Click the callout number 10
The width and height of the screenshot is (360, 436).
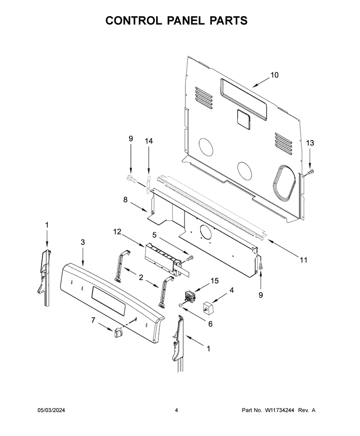click(x=274, y=75)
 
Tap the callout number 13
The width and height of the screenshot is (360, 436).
click(x=310, y=143)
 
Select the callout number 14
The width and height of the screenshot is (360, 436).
click(x=148, y=141)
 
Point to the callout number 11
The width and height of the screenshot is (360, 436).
click(x=303, y=260)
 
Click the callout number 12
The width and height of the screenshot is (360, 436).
click(x=117, y=231)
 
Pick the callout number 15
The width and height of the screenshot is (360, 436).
click(x=214, y=281)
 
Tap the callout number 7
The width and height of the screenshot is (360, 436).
click(x=93, y=320)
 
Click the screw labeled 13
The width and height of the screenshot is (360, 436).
click(x=310, y=174)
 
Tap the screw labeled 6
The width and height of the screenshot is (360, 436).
click(x=181, y=306)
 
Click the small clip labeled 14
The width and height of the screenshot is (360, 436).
click(x=148, y=185)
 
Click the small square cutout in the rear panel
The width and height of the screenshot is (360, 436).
click(x=243, y=119)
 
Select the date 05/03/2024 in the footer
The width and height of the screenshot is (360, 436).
click(x=51, y=410)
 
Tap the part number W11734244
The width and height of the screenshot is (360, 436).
click(x=279, y=410)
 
